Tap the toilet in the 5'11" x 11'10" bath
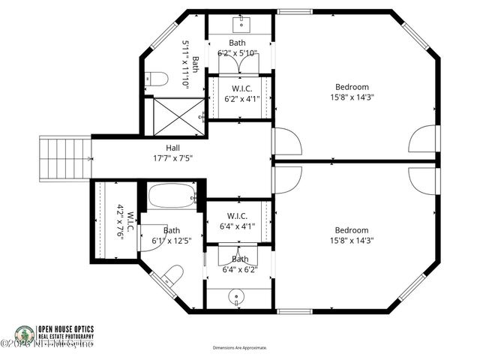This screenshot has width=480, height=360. click(154, 77)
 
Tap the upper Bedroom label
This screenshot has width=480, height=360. click(352, 86)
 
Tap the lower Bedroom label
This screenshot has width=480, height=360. click(352, 230)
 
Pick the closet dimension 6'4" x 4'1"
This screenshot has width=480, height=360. click(238, 226)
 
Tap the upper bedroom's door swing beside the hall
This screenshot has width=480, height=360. click(286, 142)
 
